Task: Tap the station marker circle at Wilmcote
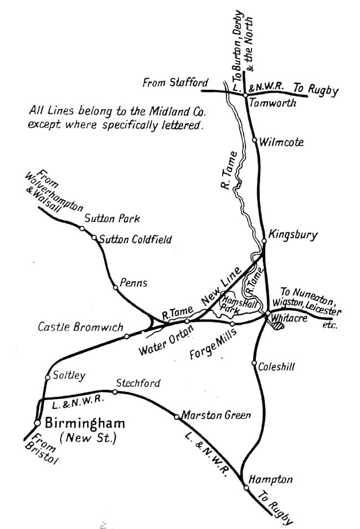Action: [255, 141]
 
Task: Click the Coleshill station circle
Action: [254, 364]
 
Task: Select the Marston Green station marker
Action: [176, 416]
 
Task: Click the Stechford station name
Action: [138, 383]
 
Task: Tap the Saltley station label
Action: [69, 376]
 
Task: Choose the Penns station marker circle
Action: [115, 287]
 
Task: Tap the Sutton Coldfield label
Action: [136, 240]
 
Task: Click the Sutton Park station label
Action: [111, 217]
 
